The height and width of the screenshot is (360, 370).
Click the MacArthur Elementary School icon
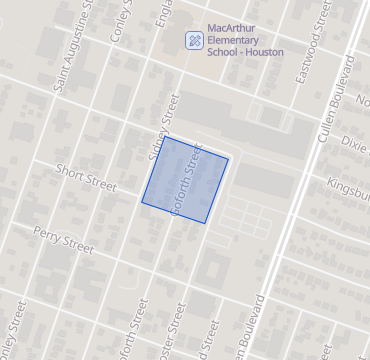point(194,40)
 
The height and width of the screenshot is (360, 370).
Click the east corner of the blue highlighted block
point(229,158)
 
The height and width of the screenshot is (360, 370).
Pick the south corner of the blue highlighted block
point(206,222)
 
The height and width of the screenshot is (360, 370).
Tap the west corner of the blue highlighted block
point(140,200)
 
